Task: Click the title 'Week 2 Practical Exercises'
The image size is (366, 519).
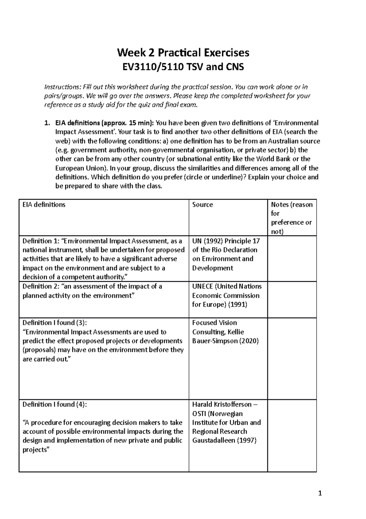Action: point(183,53)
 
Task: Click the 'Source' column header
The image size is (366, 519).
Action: point(203,205)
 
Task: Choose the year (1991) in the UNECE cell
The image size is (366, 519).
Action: point(237,304)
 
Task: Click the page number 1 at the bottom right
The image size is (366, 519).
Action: point(320,493)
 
